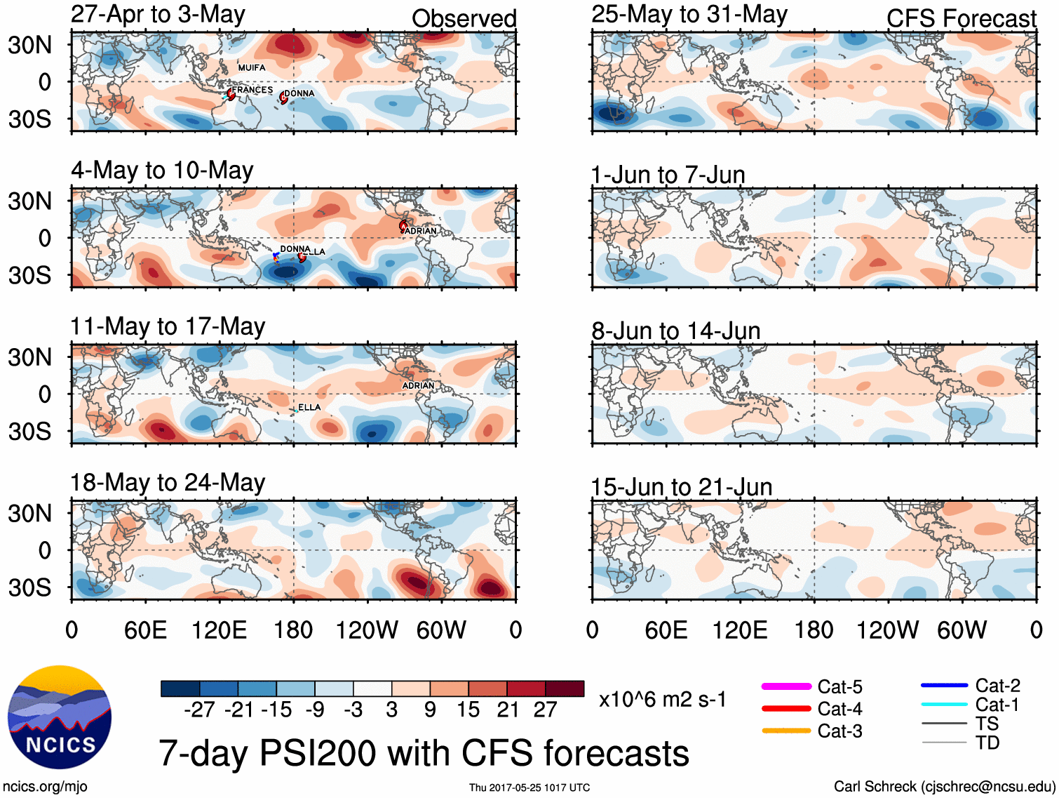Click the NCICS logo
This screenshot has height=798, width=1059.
click(60, 717)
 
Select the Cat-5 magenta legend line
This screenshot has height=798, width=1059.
click(786, 686)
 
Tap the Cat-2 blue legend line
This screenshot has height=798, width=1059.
click(944, 685)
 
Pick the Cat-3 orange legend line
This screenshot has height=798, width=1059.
click(786, 731)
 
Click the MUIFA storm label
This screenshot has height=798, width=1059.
click(252, 68)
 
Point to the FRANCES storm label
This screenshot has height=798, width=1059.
click(252, 90)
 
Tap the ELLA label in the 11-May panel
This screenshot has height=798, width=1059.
click(309, 407)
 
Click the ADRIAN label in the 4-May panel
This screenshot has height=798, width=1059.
click(421, 231)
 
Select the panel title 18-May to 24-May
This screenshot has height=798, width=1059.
click(168, 483)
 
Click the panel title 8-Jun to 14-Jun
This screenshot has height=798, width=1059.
click(675, 331)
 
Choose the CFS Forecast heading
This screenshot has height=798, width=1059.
click(961, 19)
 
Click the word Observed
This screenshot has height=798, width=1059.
click(464, 19)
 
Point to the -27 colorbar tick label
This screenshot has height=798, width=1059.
click(199, 710)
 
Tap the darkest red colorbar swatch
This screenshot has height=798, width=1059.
click(565, 689)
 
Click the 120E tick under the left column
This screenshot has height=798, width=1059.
click(219, 630)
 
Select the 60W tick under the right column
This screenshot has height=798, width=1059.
click(962, 630)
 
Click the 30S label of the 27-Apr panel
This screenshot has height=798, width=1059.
click(30, 119)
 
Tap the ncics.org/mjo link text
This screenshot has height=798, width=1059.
click(45, 787)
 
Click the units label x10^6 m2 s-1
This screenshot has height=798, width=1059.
click(662, 700)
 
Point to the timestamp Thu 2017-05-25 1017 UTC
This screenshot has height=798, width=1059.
click(529, 787)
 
